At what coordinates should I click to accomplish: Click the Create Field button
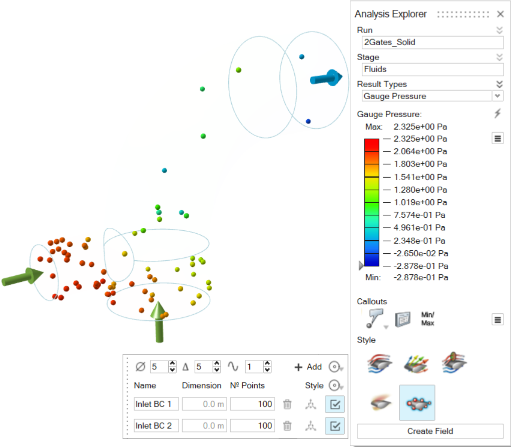pyautogui.click(x=430, y=431)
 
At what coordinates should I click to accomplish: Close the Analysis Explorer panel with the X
pyautogui.click(x=500, y=14)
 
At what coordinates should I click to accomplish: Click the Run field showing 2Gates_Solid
pyautogui.click(x=432, y=42)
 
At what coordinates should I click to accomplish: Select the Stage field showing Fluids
pyautogui.click(x=432, y=69)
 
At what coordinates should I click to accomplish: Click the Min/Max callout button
pyautogui.click(x=427, y=319)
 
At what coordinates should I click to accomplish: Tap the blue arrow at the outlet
pyautogui.click(x=326, y=78)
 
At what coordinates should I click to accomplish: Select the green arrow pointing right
pyautogui.click(x=22, y=277)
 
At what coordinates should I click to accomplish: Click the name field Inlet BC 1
pyautogui.click(x=156, y=404)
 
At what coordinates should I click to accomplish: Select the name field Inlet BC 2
pyautogui.click(x=156, y=425)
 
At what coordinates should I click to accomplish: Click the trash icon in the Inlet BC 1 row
pyautogui.click(x=287, y=404)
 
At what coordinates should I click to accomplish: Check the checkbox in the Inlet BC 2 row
pyautogui.click(x=335, y=425)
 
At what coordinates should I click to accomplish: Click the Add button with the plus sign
pyautogui.click(x=308, y=367)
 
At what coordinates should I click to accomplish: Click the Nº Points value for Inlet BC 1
pyautogui.click(x=252, y=404)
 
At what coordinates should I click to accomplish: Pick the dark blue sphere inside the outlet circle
pyautogui.click(x=308, y=121)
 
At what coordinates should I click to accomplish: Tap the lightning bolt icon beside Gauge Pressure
pyautogui.click(x=497, y=114)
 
